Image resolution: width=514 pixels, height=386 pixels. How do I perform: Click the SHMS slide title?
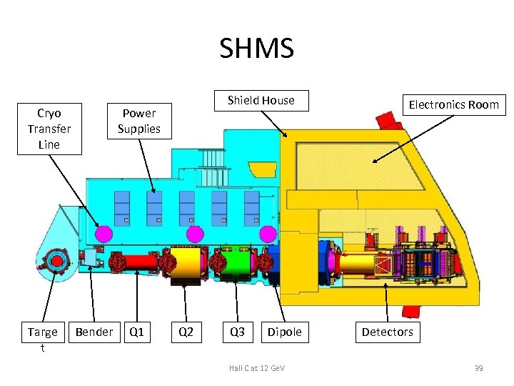point(256,49)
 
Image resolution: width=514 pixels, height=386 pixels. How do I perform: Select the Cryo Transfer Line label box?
point(49,129)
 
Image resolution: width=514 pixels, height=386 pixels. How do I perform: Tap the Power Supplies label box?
point(139,121)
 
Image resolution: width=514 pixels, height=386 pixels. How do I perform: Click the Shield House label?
point(261,100)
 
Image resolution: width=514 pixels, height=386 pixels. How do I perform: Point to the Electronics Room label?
point(453,104)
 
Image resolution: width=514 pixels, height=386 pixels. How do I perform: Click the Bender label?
point(94,332)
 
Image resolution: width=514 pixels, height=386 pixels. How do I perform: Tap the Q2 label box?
point(186,332)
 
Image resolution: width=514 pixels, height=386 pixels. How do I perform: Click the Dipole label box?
point(284,332)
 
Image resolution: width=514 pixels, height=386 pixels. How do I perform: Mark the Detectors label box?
point(387,332)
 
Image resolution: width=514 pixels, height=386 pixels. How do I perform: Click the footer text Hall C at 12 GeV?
point(257,367)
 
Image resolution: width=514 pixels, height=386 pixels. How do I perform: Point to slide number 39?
point(478,367)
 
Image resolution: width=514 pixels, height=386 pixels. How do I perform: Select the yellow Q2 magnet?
point(188,262)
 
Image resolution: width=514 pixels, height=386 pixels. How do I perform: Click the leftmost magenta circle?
point(104,234)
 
